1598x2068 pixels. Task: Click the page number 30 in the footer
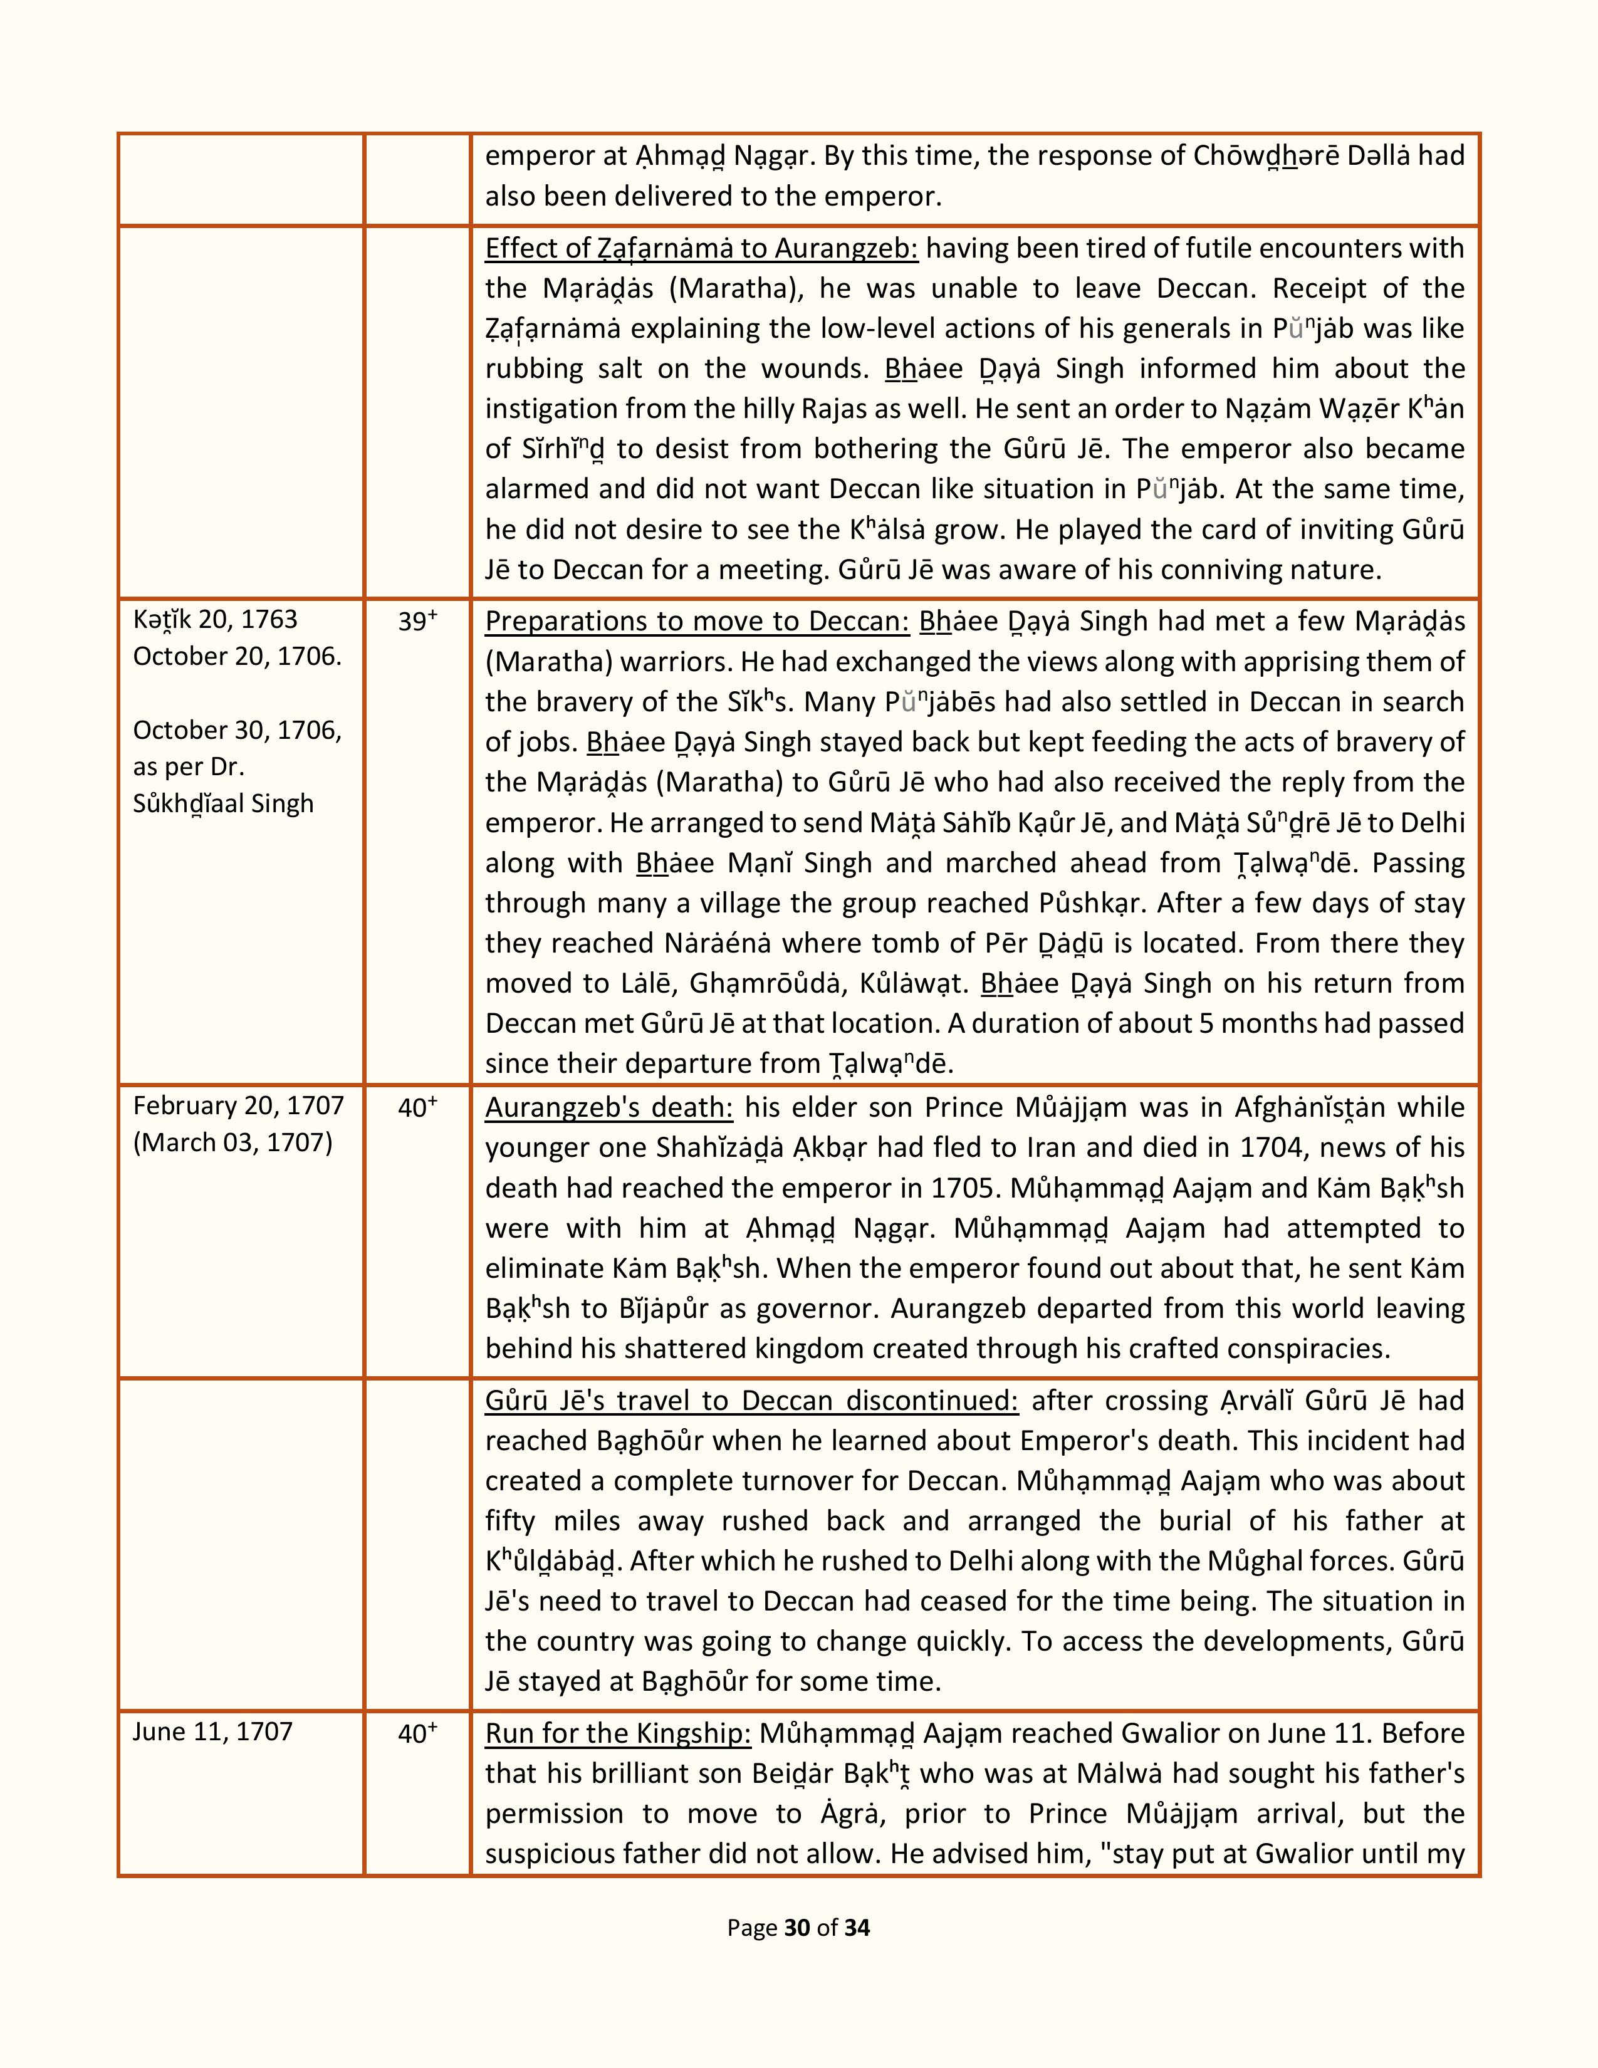click(797, 1927)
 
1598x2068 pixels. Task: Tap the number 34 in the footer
click(857, 1927)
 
